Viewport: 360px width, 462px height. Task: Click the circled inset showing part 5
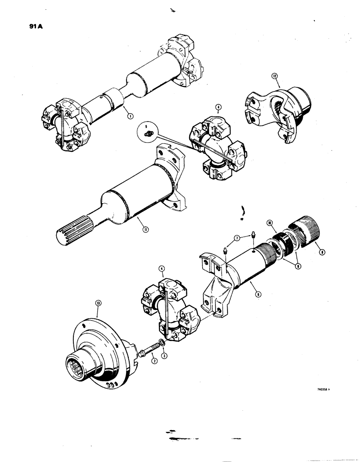pos(147,132)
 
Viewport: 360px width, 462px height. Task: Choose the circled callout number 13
pos(98,302)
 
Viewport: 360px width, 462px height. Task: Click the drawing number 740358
pos(321,389)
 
